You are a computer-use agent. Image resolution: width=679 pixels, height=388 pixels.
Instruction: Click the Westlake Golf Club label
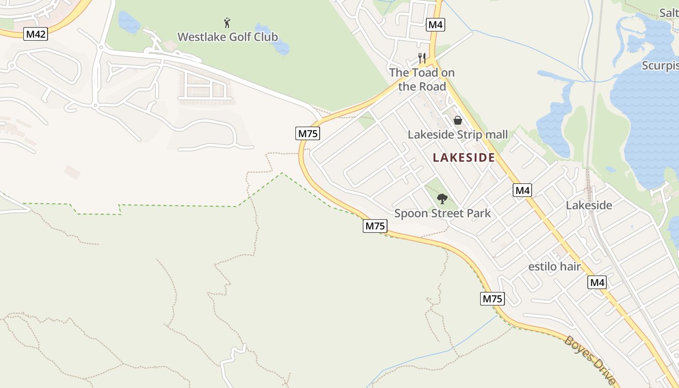pos(227,37)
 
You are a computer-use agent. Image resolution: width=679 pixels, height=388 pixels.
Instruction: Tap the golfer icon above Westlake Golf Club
pos(227,22)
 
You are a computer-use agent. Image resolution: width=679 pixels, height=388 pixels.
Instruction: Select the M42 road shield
pos(36,34)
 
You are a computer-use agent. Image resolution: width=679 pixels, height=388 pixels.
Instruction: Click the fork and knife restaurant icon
pos(422,58)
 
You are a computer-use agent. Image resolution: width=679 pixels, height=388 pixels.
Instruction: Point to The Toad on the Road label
pos(422,80)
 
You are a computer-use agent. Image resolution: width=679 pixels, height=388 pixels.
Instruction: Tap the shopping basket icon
pos(457,120)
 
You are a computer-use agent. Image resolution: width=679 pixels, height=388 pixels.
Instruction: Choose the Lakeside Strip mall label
pos(457,134)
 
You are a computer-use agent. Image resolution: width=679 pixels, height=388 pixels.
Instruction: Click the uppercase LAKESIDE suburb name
pos(464,158)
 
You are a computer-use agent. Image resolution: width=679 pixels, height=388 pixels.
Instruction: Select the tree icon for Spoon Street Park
pos(442,198)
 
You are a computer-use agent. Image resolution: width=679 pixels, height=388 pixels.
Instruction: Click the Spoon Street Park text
pos(442,213)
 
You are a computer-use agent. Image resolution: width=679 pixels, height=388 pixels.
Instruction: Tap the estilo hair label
pos(554,266)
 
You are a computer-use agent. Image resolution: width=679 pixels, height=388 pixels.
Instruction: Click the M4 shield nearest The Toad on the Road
pos(436,24)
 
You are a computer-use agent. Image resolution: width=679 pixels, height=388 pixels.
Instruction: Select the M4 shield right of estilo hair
pos(597,282)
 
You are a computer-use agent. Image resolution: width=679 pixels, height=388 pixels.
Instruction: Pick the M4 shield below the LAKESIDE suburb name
pos(522,191)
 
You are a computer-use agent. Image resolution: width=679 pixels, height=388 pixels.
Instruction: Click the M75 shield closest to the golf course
pos(308,133)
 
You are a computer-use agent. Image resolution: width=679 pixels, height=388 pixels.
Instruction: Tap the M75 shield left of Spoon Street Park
pos(375,226)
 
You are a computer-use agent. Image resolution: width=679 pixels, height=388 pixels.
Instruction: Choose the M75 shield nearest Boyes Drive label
pos(492,299)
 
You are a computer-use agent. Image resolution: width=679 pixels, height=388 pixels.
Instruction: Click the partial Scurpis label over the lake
pos(660,65)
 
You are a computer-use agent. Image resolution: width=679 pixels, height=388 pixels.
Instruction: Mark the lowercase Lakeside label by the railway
pos(589,205)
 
